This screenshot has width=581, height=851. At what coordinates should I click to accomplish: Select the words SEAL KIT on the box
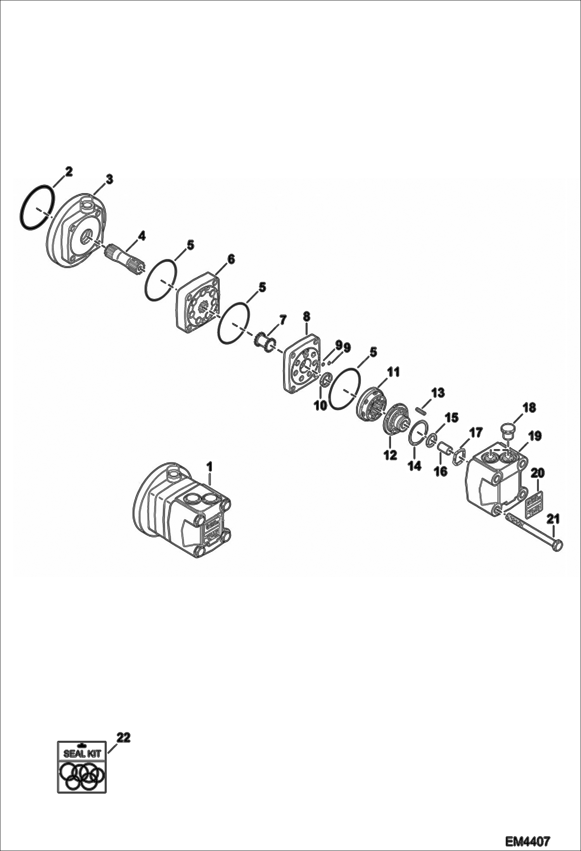point(81,754)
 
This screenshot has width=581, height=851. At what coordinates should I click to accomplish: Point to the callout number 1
point(209,466)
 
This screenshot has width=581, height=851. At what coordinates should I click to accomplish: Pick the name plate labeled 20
point(531,504)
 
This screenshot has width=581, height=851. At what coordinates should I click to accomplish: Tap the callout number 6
point(230,259)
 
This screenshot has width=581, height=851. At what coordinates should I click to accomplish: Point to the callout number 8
point(306,317)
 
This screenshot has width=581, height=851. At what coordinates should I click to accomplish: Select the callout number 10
point(321,406)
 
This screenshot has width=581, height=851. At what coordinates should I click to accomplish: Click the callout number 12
point(390,455)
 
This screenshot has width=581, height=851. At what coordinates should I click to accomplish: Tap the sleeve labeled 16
point(444,450)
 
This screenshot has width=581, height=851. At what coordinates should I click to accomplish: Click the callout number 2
point(68,171)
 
